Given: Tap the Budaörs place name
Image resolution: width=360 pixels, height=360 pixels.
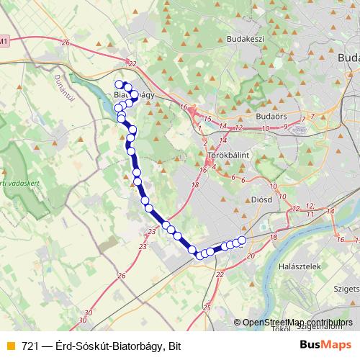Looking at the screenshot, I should [271, 114].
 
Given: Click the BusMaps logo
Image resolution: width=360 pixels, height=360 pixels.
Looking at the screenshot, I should [325, 346].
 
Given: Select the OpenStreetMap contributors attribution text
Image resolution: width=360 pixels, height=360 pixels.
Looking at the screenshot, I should [297, 323].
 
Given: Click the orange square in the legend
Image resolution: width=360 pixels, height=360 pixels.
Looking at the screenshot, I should [9, 346].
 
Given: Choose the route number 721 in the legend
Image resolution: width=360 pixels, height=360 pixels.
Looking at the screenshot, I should [30, 346].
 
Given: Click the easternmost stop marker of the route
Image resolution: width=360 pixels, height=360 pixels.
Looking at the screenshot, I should [242, 240].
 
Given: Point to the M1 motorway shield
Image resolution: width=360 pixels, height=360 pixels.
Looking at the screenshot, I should [4, 40].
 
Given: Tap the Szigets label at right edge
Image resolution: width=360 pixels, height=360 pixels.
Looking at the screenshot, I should [345, 289].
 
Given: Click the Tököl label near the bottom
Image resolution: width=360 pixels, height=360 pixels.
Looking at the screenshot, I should [282, 330].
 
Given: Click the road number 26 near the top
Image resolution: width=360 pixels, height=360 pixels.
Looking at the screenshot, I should [66, 44].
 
